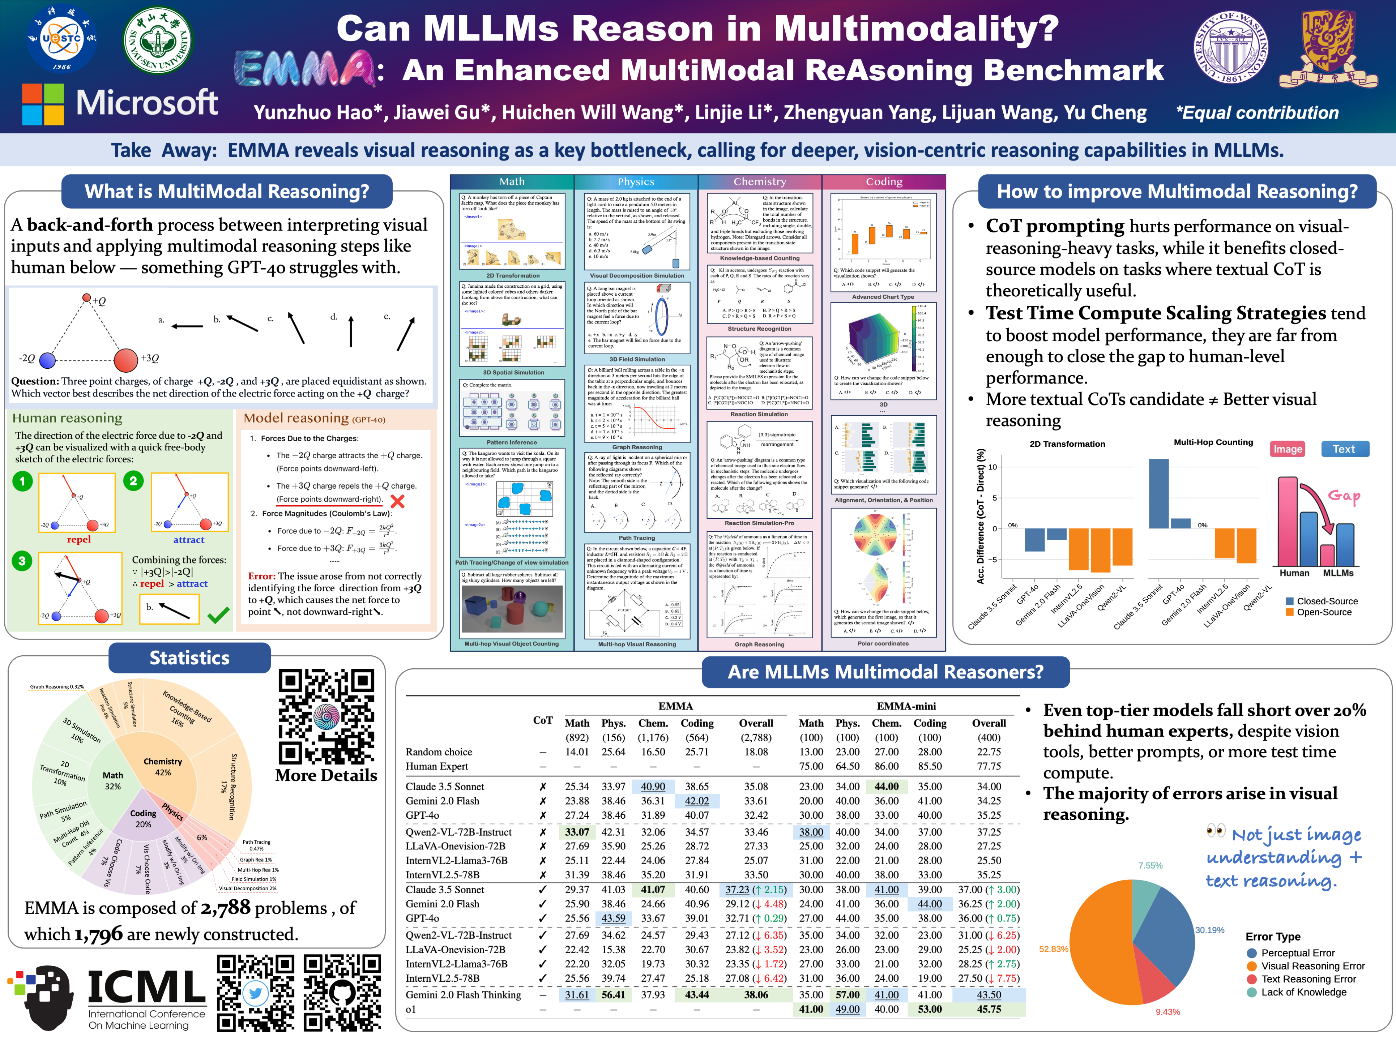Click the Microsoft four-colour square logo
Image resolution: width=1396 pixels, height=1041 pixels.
coord(43,104)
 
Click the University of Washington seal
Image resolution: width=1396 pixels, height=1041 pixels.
coord(1230,47)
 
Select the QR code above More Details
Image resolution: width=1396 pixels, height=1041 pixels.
coord(326,716)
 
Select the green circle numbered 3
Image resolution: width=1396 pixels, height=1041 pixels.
coord(22,561)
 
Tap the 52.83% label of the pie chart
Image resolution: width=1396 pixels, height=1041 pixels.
coord(1053,949)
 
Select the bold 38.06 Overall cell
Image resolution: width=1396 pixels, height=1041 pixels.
coord(756,994)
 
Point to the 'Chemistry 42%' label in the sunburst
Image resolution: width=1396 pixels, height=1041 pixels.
coord(163,767)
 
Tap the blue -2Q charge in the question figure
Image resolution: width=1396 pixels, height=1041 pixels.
coord(47,360)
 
